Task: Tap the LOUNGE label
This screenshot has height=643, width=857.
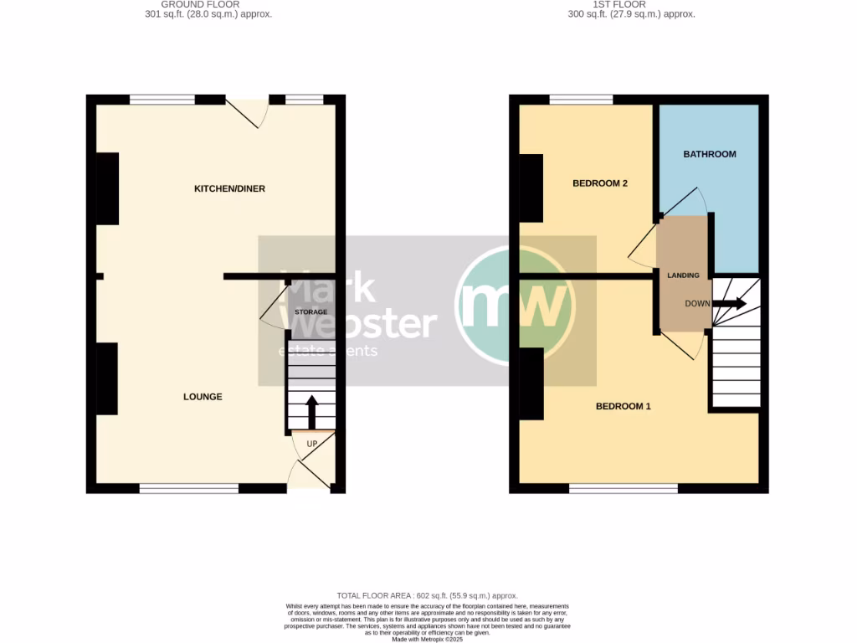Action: pos(203,397)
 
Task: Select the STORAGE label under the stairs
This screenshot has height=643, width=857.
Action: pos(310,312)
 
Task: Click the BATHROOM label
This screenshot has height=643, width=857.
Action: pos(710,154)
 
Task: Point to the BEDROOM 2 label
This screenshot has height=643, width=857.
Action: pos(600,183)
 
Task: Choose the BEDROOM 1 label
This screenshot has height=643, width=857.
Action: pos(624,407)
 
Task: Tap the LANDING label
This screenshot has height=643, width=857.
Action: pos(683,275)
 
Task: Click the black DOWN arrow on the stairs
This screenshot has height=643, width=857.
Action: pos(729,304)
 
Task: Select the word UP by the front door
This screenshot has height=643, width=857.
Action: pos(311,443)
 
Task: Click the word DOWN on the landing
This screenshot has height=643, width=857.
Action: pos(697,304)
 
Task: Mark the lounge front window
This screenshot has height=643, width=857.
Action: pos(189,488)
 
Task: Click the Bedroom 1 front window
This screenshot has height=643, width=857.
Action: pos(624,488)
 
